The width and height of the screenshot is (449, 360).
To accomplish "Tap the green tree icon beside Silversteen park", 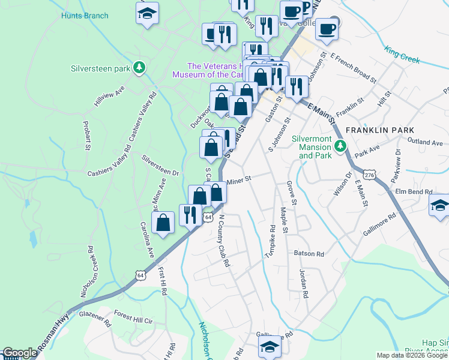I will coord(139,67).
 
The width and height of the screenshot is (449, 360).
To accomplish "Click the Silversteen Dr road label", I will coord(160,165).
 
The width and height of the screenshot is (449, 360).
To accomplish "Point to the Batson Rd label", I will coord(309,254).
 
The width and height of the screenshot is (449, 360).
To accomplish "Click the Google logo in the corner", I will coord(20,353).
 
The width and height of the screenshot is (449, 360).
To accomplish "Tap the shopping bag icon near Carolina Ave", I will coord(163,223).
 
